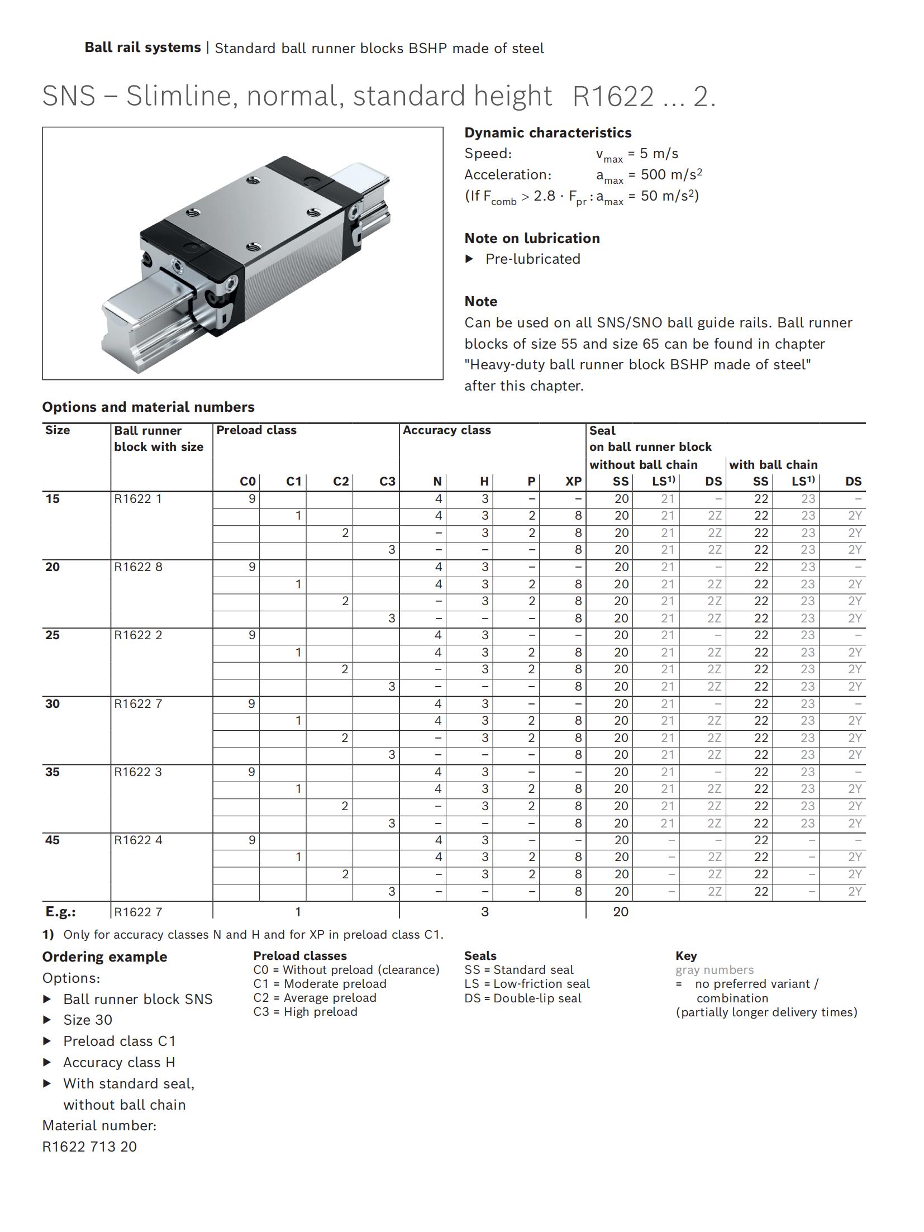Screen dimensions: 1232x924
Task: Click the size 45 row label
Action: tap(53, 840)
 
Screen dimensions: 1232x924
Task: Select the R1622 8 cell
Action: tap(138, 567)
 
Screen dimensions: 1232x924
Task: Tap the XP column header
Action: tap(573, 481)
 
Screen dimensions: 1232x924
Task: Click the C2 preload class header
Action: tap(340, 481)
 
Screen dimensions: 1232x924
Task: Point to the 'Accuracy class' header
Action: tap(446, 430)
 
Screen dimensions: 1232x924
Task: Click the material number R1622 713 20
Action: tap(89, 1147)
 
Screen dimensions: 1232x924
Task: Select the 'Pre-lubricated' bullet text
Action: tap(532, 259)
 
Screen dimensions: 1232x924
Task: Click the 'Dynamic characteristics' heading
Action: tap(547, 132)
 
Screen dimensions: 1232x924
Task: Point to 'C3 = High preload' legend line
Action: tap(305, 1012)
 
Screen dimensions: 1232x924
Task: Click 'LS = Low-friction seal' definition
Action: tap(527, 983)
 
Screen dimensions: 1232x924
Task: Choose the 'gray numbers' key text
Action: tap(714, 969)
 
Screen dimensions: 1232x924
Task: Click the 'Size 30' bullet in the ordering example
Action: tap(88, 1020)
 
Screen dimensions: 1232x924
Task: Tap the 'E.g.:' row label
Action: tap(60, 912)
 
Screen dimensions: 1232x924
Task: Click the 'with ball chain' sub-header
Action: tap(773, 464)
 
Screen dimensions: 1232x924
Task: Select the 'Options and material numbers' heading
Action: tap(148, 407)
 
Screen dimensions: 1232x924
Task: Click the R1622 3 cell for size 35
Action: tap(138, 772)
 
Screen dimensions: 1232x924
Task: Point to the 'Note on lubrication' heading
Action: tap(532, 238)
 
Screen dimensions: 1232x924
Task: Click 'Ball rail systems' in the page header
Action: tap(142, 47)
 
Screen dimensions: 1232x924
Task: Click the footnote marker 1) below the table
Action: tap(48, 934)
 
